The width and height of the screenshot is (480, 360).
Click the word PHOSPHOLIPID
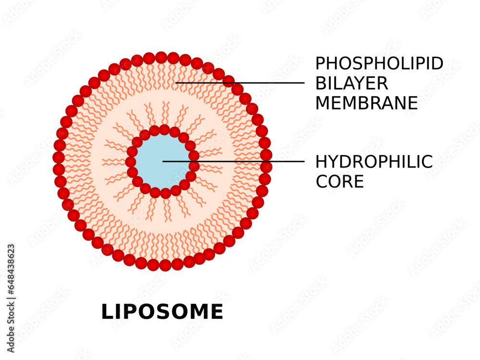click(x=379, y=64)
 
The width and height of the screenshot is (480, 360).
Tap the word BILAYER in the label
click(x=351, y=84)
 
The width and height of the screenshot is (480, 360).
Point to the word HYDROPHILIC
click(x=374, y=162)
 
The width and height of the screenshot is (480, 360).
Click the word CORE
click(x=339, y=182)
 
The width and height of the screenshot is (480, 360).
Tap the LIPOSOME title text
click(x=162, y=312)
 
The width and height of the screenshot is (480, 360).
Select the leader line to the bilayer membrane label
click(x=240, y=83)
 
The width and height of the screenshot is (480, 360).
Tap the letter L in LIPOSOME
click(x=108, y=312)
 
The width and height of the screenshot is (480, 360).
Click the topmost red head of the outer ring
click(x=161, y=58)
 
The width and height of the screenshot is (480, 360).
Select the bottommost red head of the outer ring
click(x=165, y=265)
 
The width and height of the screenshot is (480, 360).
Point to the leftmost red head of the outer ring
click(x=59, y=157)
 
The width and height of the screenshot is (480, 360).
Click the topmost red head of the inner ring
click(x=164, y=130)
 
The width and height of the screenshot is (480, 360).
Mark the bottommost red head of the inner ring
click(x=166, y=193)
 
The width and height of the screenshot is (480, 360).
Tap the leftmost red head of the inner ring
click(x=131, y=162)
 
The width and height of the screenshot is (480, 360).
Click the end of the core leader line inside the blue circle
click(x=164, y=161)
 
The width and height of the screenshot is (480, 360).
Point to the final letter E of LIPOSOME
click(x=216, y=312)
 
